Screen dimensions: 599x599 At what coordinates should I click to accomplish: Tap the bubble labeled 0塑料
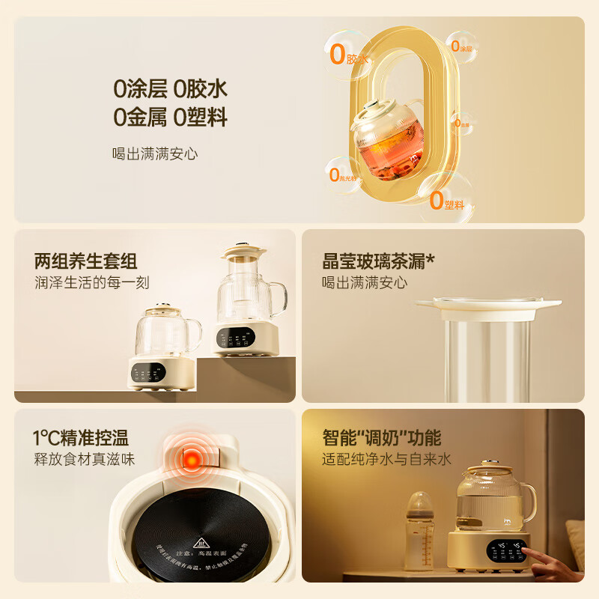pyautogui.click(x=446, y=199)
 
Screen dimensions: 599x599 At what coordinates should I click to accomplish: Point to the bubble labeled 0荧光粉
pyautogui.click(x=341, y=176)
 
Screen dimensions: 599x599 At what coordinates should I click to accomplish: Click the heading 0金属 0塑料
pyautogui.click(x=170, y=117)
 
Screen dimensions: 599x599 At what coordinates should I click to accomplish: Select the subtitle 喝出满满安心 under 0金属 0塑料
pyautogui.click(x=155, y=153)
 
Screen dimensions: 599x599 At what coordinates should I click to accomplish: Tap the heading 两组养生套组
pyautogui.click(x=86, y=261)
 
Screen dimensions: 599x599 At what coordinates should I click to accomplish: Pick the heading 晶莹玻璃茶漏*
pyautogui.click(x=378, y=261)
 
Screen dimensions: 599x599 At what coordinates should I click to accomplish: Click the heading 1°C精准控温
pyautogui.click(x=79, y=437)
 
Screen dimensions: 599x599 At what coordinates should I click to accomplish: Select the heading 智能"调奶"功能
pyautogui.click(x=381, y=437)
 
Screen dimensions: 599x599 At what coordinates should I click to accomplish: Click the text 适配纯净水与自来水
pyautogui.click(x=386, y=459)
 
